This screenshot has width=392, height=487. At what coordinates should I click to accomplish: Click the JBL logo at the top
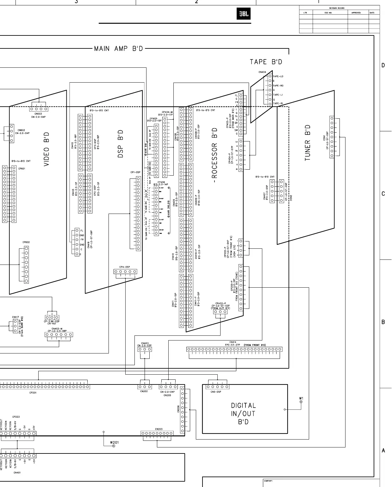point(244,14)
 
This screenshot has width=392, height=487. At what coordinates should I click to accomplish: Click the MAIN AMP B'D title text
point(119,49)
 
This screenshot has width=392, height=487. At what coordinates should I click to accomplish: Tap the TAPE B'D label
point(266,62)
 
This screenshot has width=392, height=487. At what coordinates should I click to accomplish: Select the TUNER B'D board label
point(308,142)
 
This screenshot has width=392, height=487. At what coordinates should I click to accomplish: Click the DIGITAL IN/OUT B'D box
point(243,414)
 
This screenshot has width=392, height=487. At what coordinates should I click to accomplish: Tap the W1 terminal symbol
point(301,402)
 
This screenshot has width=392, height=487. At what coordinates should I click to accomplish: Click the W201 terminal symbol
point(114,446)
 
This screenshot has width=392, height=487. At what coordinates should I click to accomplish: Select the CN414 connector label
point(233,342)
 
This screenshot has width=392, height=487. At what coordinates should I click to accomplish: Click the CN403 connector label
point(145,343)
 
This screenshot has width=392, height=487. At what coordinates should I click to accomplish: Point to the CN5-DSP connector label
point(216,392)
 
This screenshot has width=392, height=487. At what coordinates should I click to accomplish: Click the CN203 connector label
point(159,429)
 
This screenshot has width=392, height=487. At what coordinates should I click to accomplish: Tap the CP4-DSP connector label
point(124,267)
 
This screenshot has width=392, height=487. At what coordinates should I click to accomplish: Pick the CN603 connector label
point(38,114)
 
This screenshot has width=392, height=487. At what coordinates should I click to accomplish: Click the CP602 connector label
point(26,242)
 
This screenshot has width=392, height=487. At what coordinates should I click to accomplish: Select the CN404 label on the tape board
point(262,72)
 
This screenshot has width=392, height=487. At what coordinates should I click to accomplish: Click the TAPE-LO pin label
point(278,76)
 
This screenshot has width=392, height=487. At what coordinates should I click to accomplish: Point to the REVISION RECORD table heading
point(337,8)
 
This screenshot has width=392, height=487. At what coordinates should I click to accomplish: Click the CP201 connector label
point(33,393)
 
